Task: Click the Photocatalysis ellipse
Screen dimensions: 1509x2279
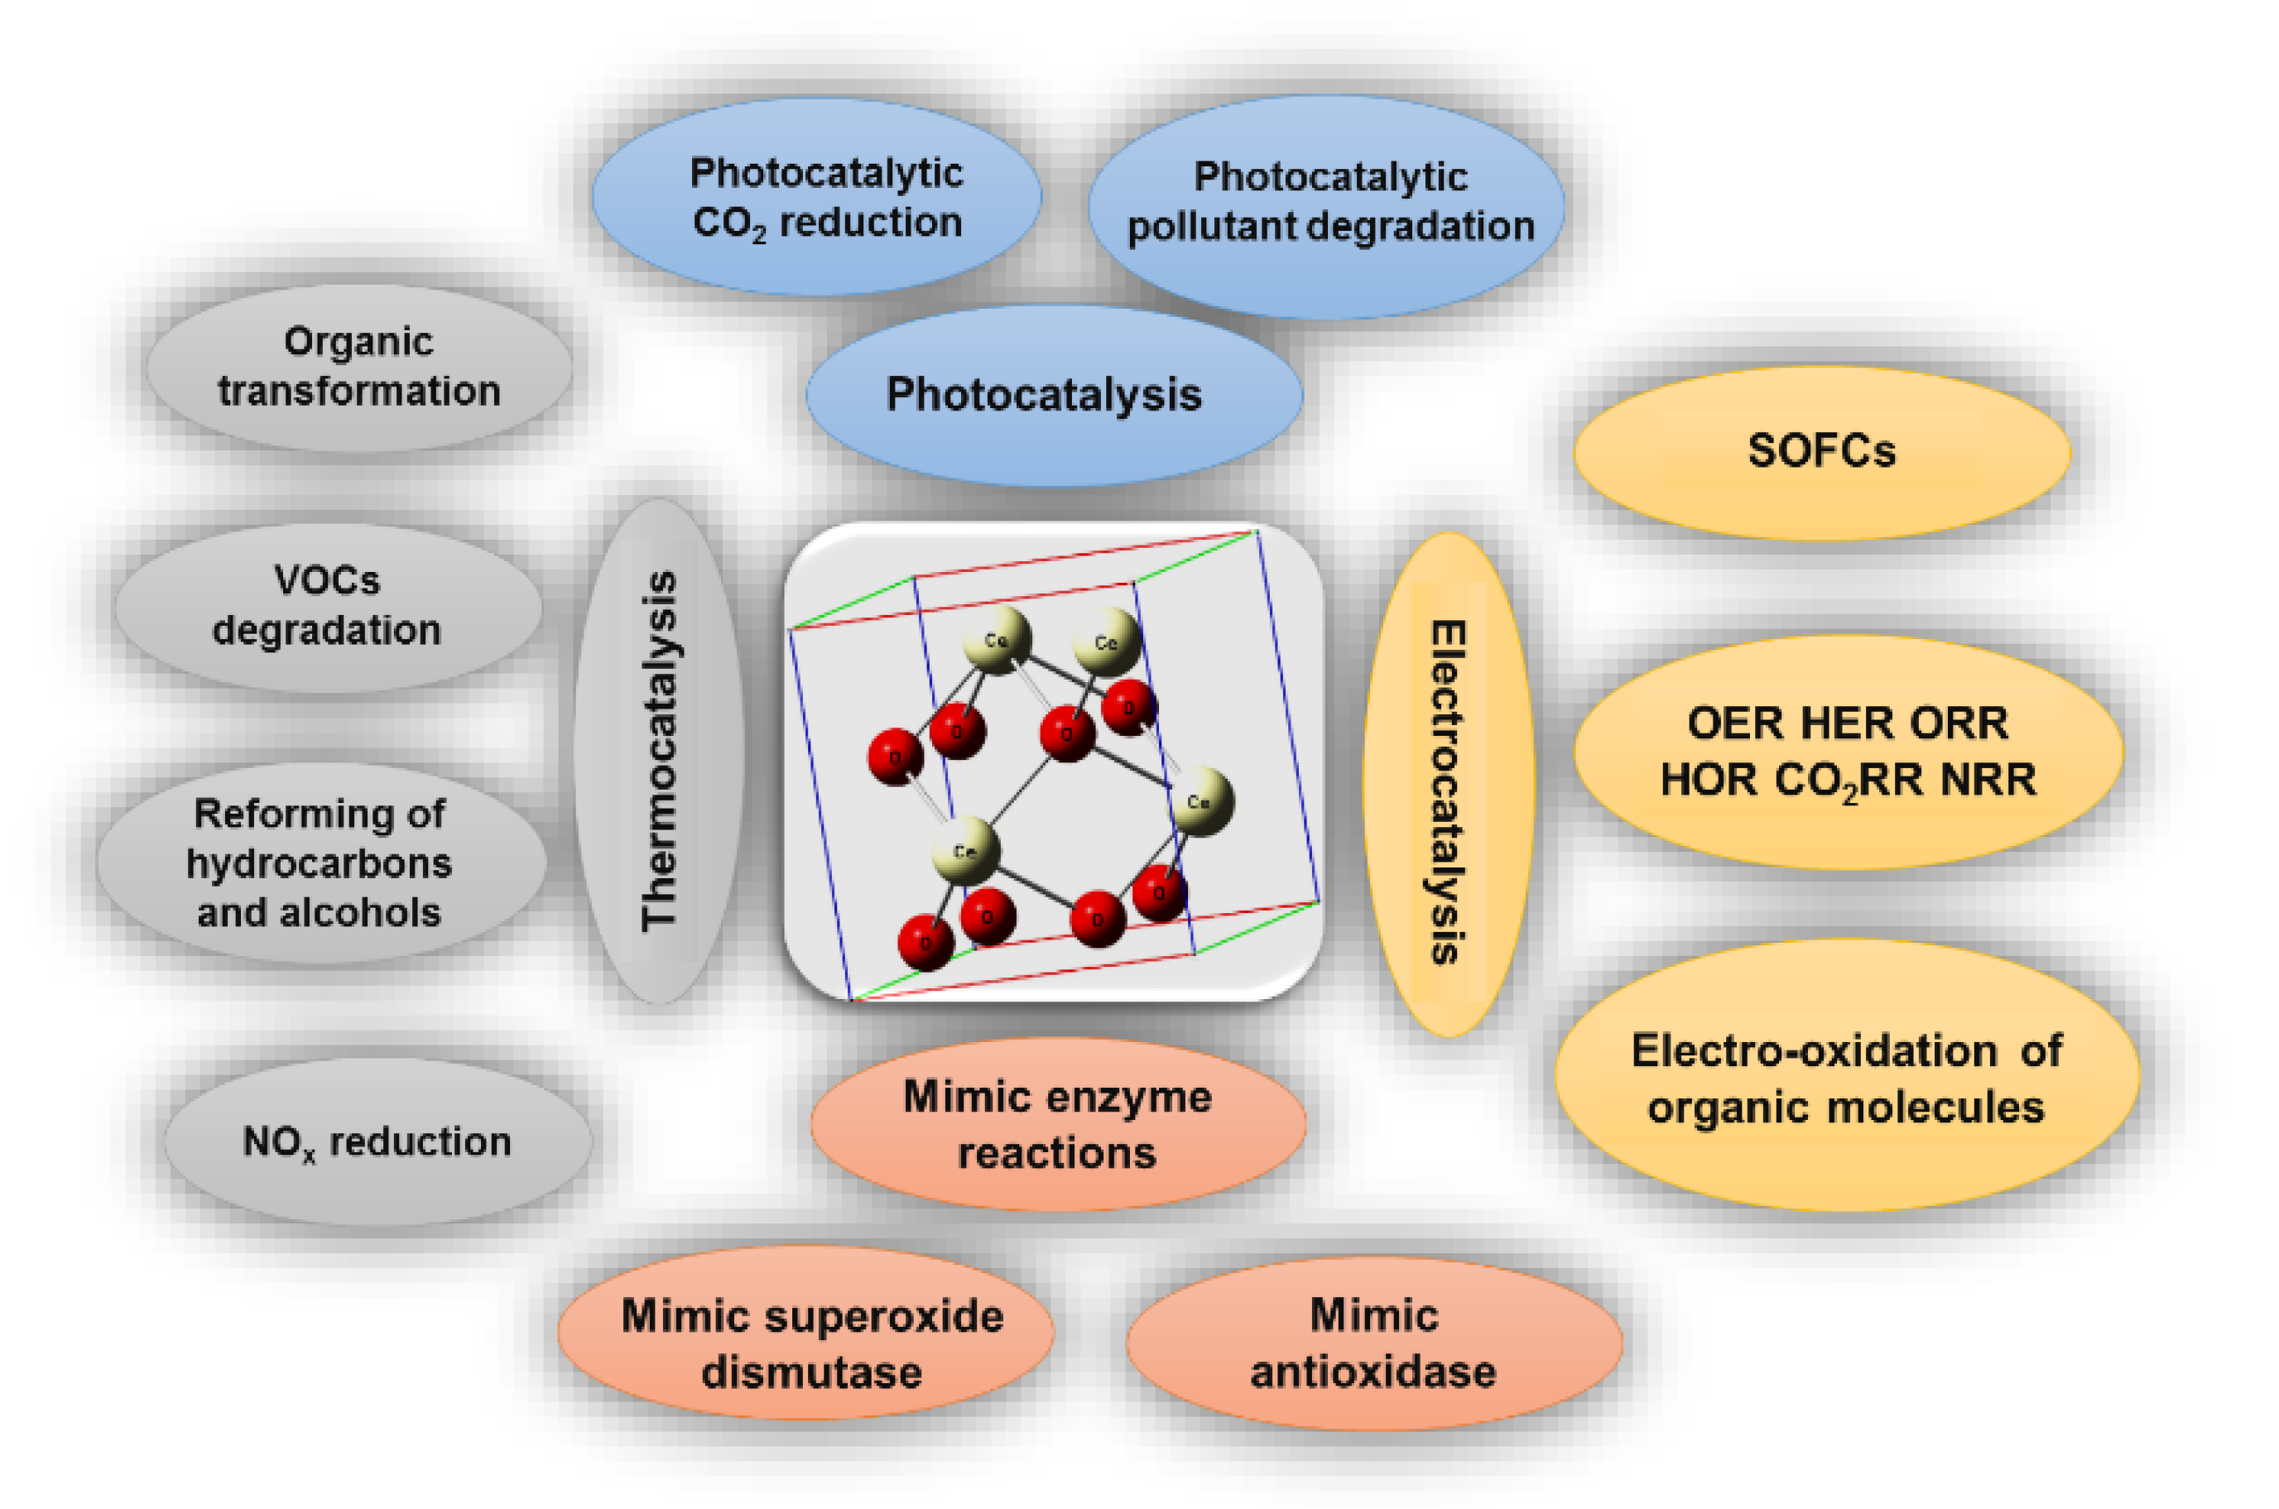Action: pos(1054,395)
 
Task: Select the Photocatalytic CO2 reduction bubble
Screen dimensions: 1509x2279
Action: pos(816,197)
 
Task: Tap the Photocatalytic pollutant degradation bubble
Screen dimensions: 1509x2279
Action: pos(1326,206)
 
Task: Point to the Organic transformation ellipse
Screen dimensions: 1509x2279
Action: pos(359,368)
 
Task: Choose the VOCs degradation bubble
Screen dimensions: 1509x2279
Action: pos(327,606)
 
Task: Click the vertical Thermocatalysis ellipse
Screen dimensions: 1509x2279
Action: pos(659,751)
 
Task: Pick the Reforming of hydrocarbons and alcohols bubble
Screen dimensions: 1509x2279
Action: pos(320,863)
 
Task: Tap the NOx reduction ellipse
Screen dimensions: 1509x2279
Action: pos(377,1141)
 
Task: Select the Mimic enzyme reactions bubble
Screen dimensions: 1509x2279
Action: pos(1058,1124)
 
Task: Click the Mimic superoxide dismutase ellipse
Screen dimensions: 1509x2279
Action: pos(805,1332)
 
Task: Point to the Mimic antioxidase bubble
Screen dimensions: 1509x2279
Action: pos(1373,1343)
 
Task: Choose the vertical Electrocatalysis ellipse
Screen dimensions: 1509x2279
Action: pos(1448,785)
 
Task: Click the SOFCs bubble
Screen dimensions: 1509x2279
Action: pos(1821,452)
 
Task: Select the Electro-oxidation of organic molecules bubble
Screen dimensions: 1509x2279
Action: pos(1846,1078)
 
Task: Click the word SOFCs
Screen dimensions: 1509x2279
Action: pos(1821,451)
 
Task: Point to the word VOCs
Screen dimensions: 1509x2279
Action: pos(327,580)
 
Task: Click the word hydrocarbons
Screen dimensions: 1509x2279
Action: pos(319,863)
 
